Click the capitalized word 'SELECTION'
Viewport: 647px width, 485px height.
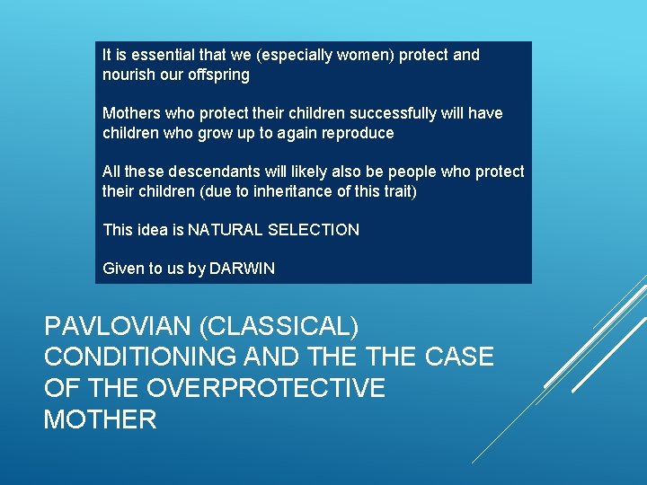[x=315, y=230]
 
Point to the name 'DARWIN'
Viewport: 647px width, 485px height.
[x=242, y=269]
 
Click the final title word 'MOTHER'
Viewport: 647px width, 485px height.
[x=100, y=419]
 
